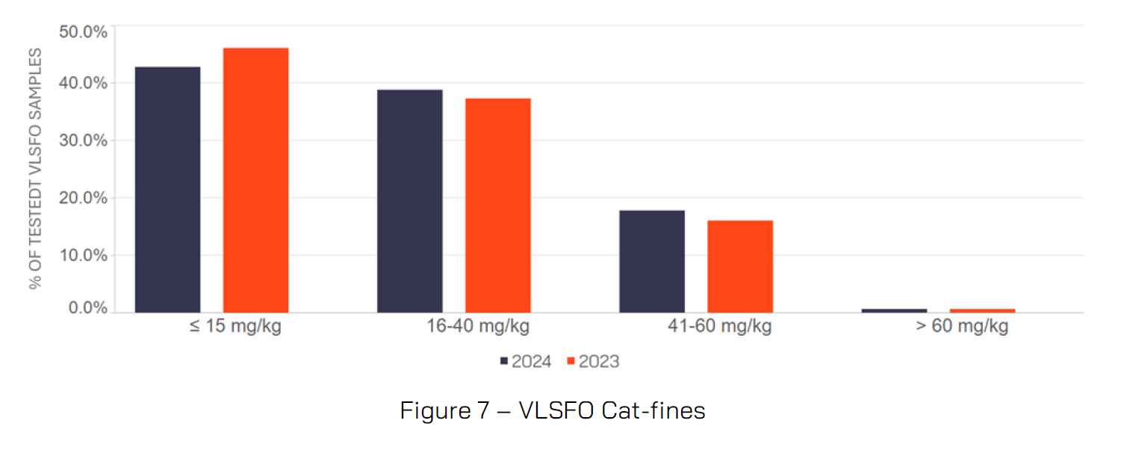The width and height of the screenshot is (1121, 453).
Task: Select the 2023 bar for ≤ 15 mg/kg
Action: click(255, 179)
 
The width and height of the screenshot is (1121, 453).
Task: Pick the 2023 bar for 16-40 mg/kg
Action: click(497, 205)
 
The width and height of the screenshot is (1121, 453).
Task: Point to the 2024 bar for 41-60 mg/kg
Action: click(652, 261)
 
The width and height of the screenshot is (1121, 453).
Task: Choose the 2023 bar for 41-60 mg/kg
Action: click(740, 266)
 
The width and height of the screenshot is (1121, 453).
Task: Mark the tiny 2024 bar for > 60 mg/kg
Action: click(894, 310)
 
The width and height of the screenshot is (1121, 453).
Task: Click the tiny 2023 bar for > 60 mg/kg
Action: click(982, 310)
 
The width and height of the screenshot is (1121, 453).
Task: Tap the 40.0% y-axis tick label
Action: click(82, 82)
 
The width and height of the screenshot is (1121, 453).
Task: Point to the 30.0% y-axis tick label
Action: click(82, 141)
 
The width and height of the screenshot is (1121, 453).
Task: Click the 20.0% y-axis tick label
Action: click(82, 198)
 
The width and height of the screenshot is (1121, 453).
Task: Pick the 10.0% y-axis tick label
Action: click(82, 255)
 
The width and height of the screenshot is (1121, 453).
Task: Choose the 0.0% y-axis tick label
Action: click(87, 308)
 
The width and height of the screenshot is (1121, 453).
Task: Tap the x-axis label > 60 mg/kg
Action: click(962, 327)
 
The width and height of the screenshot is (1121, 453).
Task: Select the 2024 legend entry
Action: click(526, 362)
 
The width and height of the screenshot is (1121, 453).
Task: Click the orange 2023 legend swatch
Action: click(571, 362)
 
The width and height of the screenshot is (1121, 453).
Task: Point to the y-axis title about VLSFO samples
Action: click(35, 168)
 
